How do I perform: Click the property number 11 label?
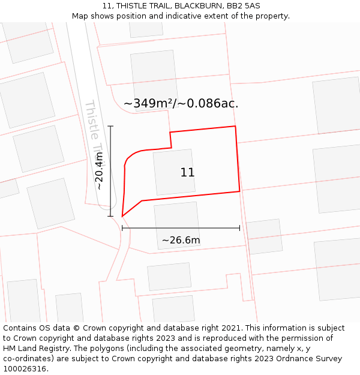pos(187,173)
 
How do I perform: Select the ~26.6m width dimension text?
pos(181,241)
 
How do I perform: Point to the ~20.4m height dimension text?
pos(100,170)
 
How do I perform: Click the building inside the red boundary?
pos(173,172)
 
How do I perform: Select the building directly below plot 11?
pos(177,225)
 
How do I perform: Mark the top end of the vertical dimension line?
pos(110,126)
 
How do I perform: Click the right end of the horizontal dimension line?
pos(239,228)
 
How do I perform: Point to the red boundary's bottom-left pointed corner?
pos(122,216)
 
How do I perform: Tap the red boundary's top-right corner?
pos(235,127)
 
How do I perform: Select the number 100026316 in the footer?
pos(25,369)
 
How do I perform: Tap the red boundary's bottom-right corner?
pos(239,191)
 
